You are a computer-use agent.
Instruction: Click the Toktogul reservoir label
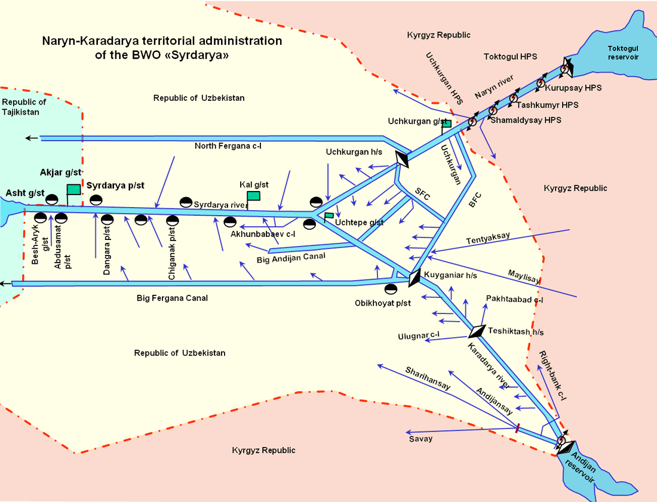(623, 53)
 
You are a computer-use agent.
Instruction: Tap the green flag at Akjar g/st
(73, 189)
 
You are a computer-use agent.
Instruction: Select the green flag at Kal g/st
(253, 196)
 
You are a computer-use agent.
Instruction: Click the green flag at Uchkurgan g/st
(446, 124)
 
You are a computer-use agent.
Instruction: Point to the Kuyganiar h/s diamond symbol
(415, 277)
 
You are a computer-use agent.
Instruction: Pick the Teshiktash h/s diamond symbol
(477, 331)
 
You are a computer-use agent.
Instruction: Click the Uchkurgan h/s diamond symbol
(403, 159)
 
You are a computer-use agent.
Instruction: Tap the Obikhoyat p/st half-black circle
(391, 290)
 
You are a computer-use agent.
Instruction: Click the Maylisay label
(524, 276)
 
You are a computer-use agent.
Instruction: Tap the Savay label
(420, 439)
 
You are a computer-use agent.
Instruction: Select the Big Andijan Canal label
(291, 257)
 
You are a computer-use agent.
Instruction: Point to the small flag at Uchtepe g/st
(329, 215)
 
